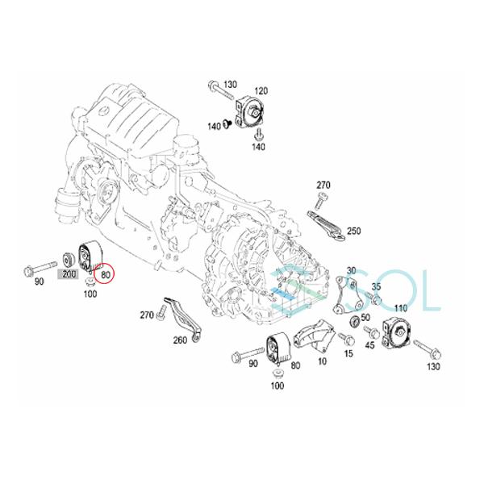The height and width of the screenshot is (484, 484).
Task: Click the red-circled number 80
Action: click(x=105, y=275)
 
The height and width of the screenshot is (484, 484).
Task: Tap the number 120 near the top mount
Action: click(x=261, y=91)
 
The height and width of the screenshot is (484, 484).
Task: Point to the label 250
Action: click(x=353, y=231)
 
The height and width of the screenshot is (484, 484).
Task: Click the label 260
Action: click(x=180, y=340)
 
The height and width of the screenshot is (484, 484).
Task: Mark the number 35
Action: click(x=376, y=286)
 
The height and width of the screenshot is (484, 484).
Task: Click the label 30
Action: click(x=351, y=271)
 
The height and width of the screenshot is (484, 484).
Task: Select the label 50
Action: click(x=365, y=319)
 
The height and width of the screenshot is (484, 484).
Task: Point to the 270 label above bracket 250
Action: click(x=323, y=186)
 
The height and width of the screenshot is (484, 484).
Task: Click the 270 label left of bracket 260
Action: click(x=147, y=314)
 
